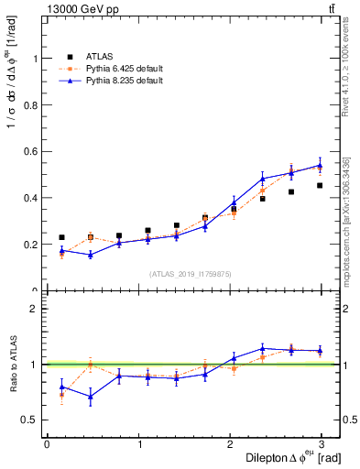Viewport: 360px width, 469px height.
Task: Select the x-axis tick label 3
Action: point(322,443)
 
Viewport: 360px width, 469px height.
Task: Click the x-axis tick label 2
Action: point(231,443)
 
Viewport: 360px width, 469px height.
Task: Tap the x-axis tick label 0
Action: point(47,443)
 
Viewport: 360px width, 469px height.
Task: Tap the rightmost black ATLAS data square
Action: point(320,185)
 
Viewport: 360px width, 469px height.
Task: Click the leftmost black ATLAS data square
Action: point(61,237)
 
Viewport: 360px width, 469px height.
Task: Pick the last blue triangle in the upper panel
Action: point(320,166)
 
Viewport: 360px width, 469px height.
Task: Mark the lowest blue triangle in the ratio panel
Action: point(91,397)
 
